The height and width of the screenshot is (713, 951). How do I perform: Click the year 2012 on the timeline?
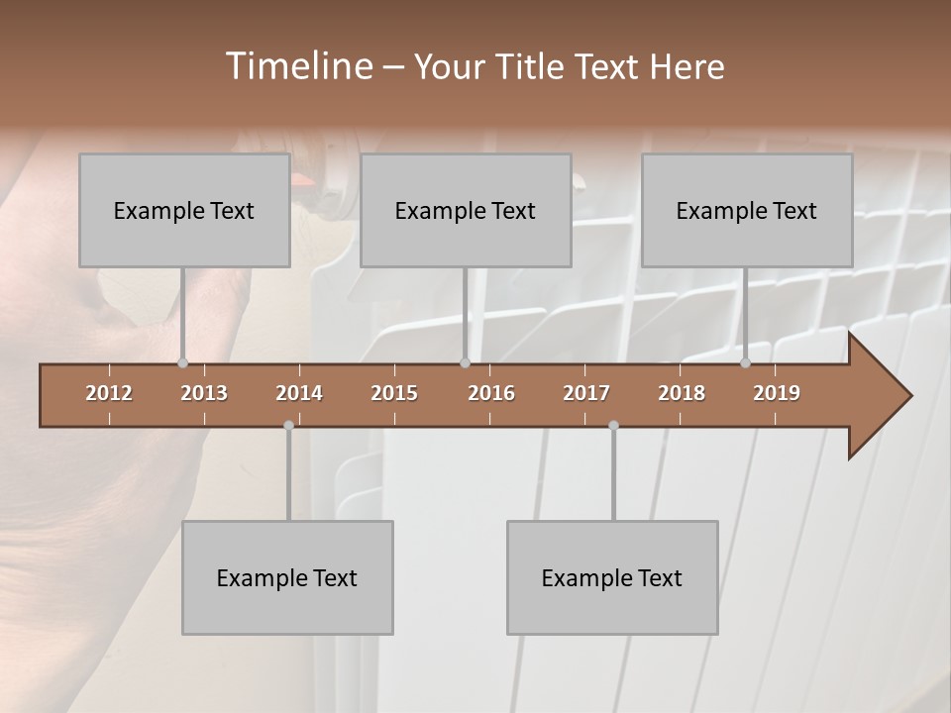pos(109,393)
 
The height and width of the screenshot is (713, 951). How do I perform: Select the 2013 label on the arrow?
pos(204,393)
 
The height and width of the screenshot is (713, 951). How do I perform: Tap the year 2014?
pos(299,393)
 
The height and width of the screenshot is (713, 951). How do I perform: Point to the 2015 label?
pos(394,393)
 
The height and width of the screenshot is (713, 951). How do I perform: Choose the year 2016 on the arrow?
pos(491,393)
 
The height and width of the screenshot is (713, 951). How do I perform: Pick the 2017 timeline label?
pos(586,393)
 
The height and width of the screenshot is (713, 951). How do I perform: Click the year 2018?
pos(682,393)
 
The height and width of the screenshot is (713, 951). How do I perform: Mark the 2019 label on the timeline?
pos(777,393)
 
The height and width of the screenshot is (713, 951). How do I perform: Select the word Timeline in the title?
pos(297,66)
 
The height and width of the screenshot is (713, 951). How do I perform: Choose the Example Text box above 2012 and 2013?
pos(184,210)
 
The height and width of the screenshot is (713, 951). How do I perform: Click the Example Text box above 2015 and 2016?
pos(466,210)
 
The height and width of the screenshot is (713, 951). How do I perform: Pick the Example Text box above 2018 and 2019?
pos(747,210)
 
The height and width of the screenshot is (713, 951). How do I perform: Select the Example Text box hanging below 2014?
pos(287,577)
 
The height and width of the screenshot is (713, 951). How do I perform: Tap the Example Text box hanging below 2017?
pos(612,577)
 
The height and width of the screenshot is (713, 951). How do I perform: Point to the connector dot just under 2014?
pos(288,425)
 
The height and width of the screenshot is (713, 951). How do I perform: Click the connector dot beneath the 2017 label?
pos(613,425)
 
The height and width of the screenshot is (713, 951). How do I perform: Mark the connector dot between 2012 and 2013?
pos(182,362)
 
